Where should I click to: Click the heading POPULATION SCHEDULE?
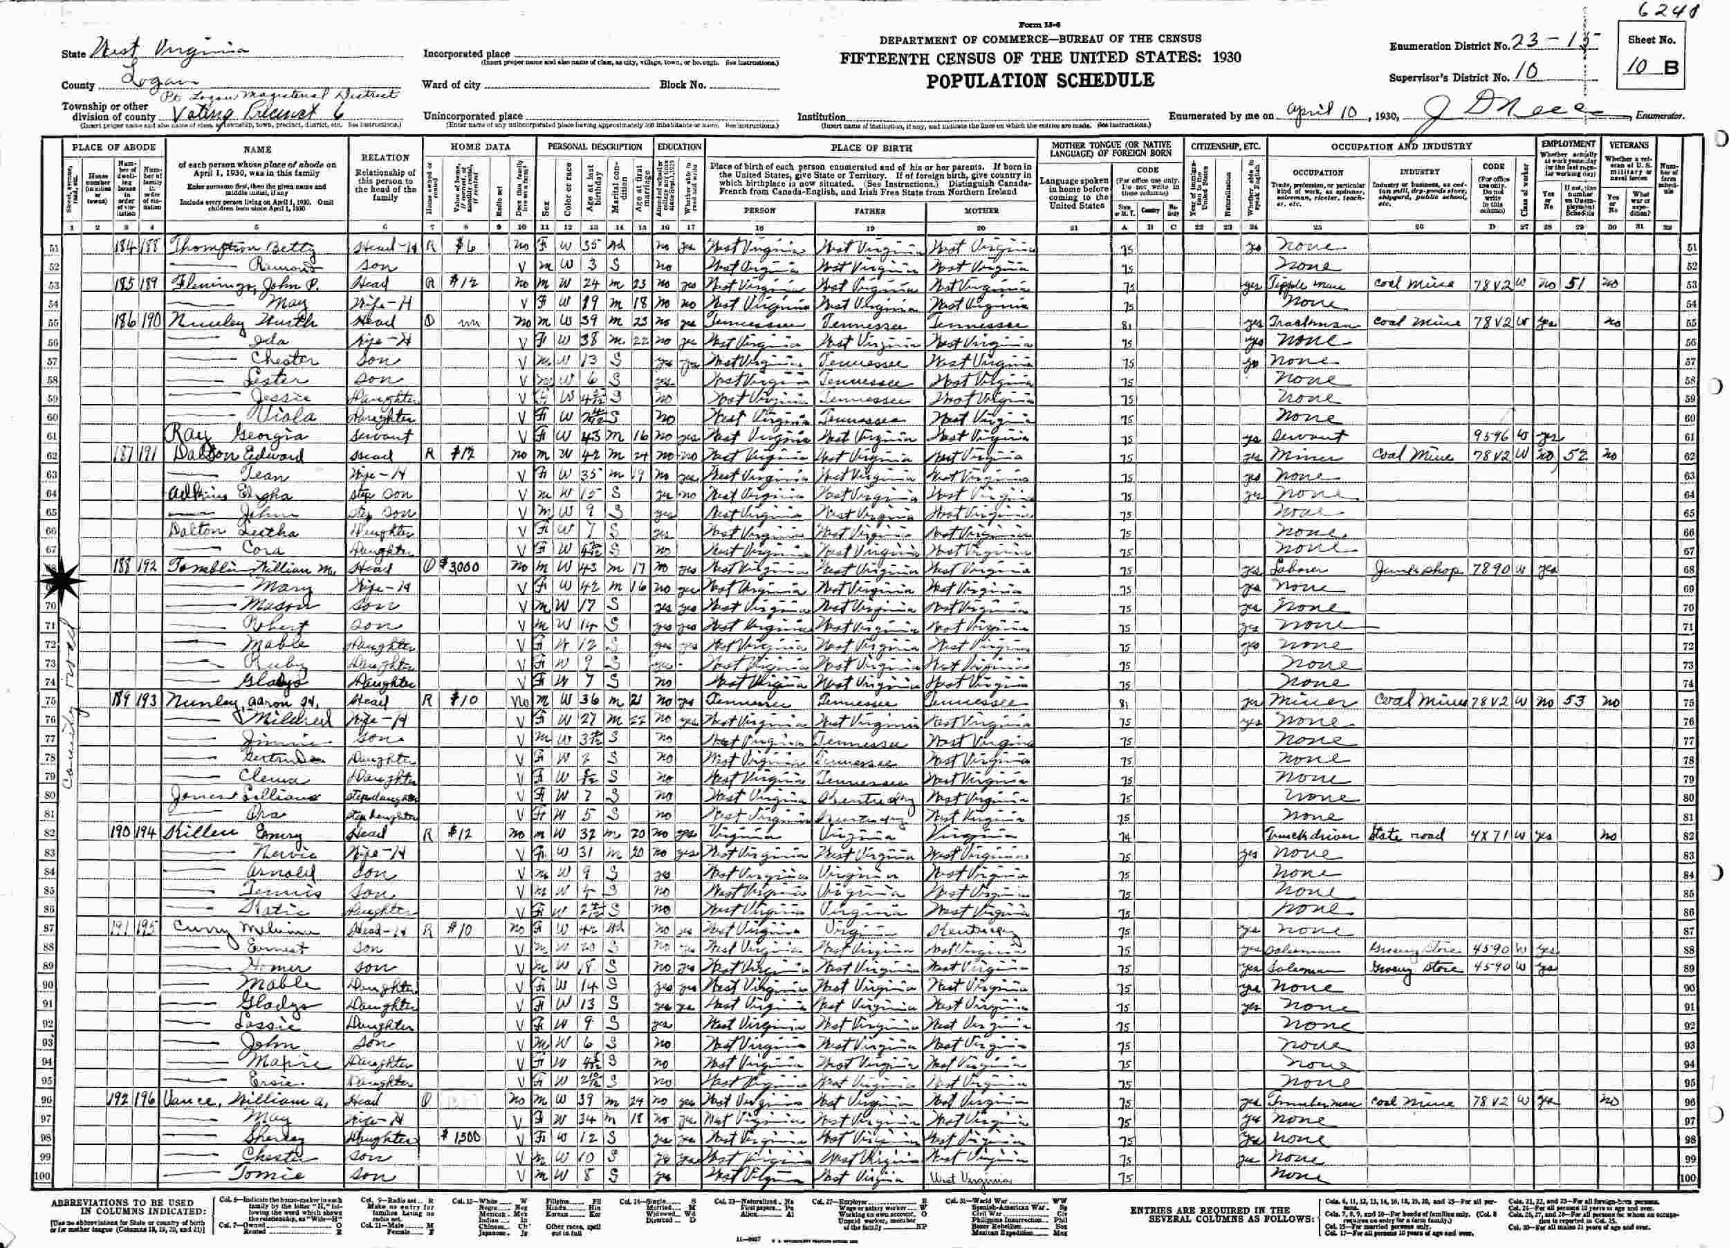click(x=1040, y=81)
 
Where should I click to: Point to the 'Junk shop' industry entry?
click(x=1416, y=569)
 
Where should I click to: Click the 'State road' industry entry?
click(x=1407, y=835)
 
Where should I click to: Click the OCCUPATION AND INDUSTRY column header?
click(x=1401, y=145)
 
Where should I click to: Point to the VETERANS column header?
click(x=1627, y=144)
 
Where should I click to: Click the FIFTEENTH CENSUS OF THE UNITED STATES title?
click(x=1041, y=58)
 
